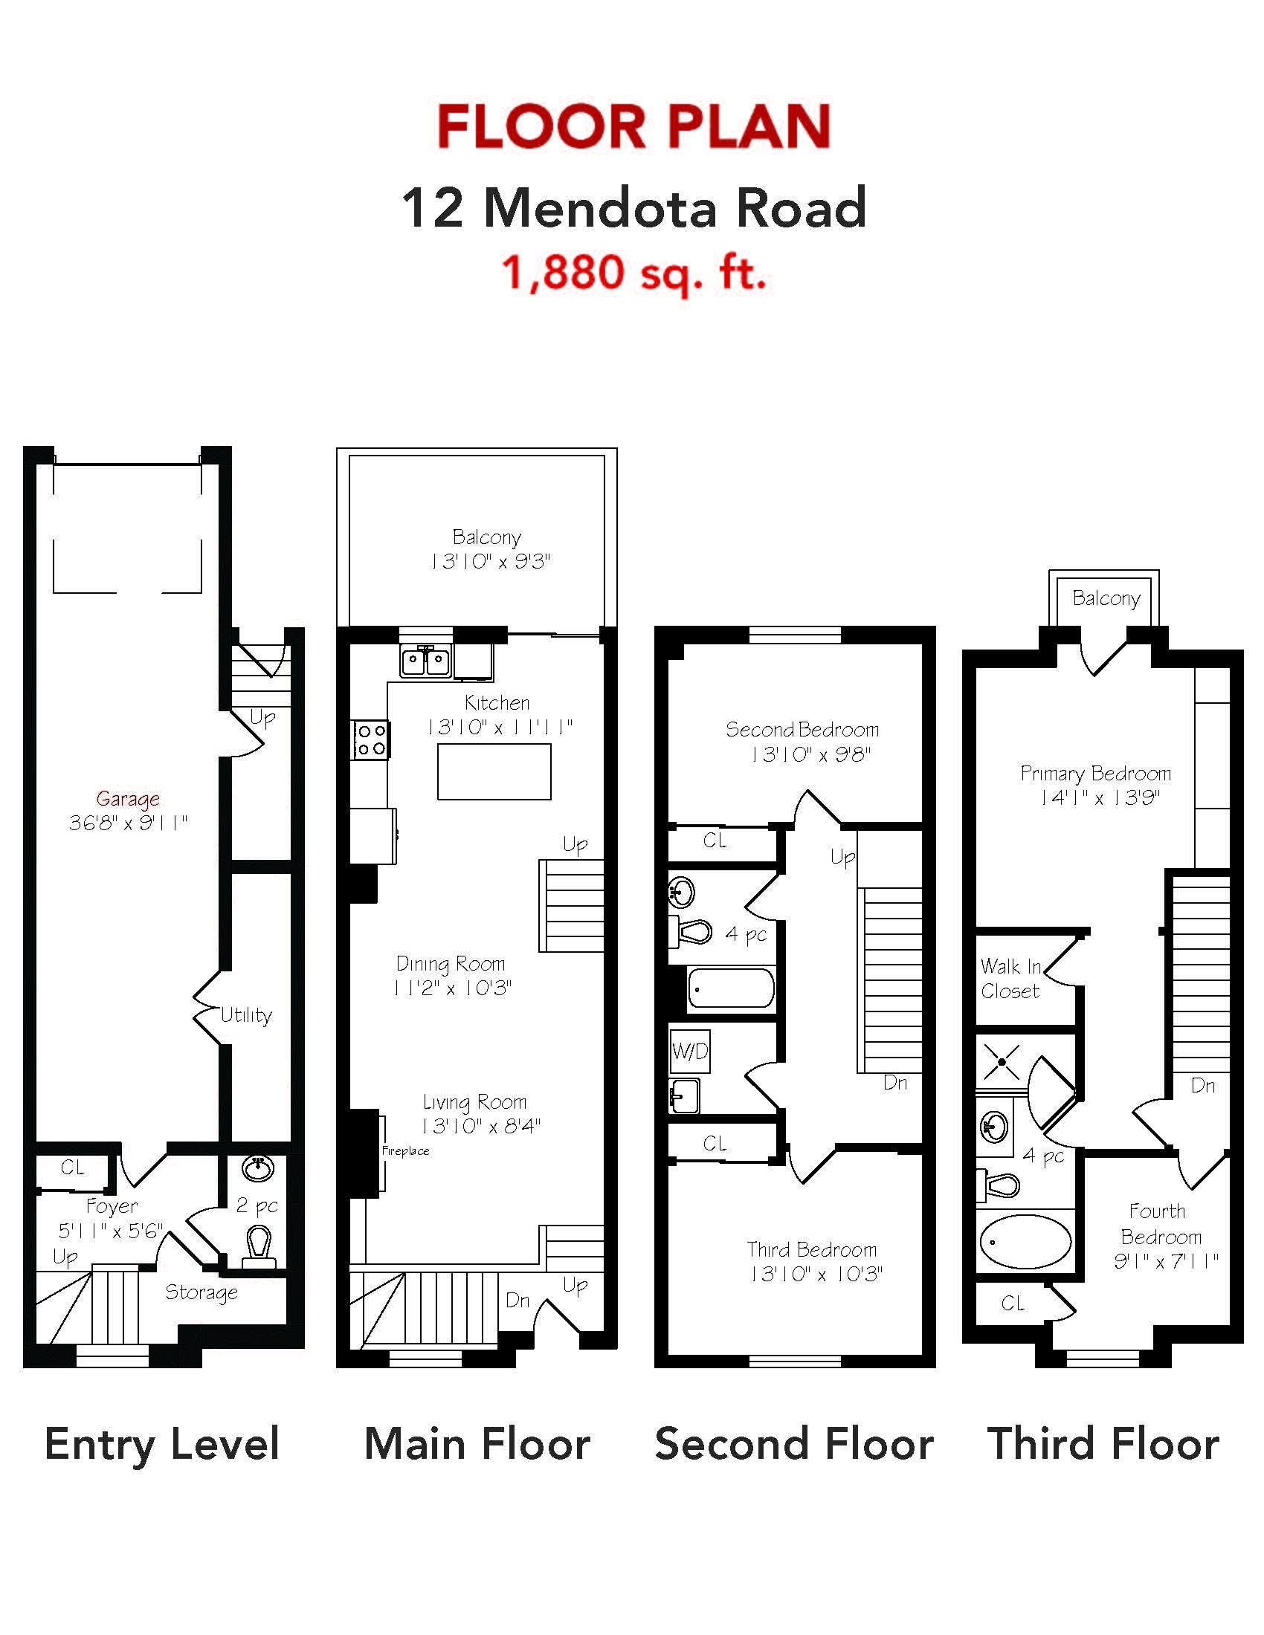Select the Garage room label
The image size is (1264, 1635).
point(128,800)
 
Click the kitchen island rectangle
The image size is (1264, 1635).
point(494,771)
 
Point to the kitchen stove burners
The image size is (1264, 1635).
point(371,739)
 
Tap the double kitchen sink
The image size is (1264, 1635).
point(425,661)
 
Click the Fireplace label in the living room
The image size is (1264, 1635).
point(405,1150)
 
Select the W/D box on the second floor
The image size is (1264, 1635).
point(690,1051)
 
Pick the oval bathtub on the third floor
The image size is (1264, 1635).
point(1025,1240)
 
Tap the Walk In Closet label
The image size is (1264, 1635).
point(1011,979)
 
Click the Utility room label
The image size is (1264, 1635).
point(246,1015)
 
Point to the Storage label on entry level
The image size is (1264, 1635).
point(201,1292)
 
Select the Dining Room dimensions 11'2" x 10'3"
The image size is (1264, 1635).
point(452,988)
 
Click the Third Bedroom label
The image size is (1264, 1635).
point(812,1249)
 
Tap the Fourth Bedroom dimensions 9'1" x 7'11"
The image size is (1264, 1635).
point(1166,1261)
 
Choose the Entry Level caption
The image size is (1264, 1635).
point(162,1444)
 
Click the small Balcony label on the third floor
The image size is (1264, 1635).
point(1106,598)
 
